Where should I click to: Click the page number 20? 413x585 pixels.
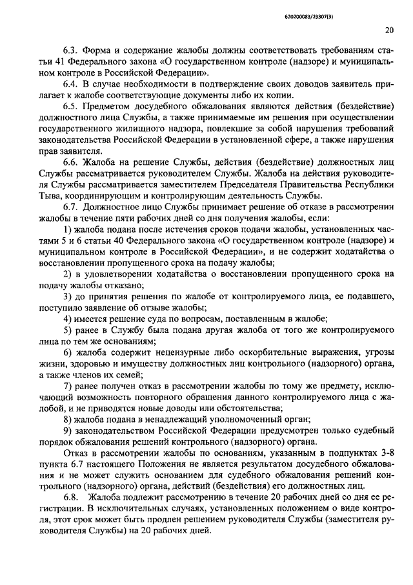coord(388,29)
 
